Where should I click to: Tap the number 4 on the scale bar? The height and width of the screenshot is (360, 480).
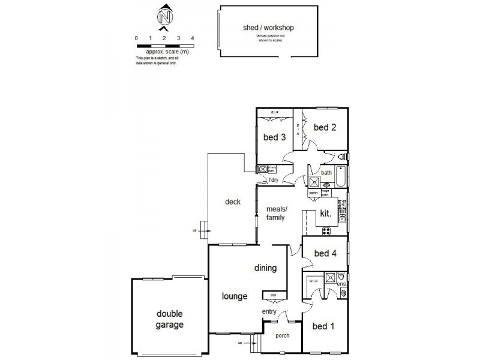[x=192, y=38]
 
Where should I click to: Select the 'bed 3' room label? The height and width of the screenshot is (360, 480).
[x=274, y=137]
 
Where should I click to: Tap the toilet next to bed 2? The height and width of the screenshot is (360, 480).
[x=341, y=157]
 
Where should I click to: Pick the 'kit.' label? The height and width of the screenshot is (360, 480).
[x=326, y=213]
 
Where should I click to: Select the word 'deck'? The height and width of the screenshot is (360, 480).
[x=233, y=202]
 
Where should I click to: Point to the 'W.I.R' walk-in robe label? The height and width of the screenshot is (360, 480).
[x=313, y=280]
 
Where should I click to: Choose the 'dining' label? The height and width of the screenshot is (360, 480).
[x=265, y=268]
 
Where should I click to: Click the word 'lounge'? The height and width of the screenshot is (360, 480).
[x=235, y=295]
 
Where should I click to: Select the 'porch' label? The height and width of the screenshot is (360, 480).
[x=281, y=335]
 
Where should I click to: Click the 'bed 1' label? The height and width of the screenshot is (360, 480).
[x=323, y=326]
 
